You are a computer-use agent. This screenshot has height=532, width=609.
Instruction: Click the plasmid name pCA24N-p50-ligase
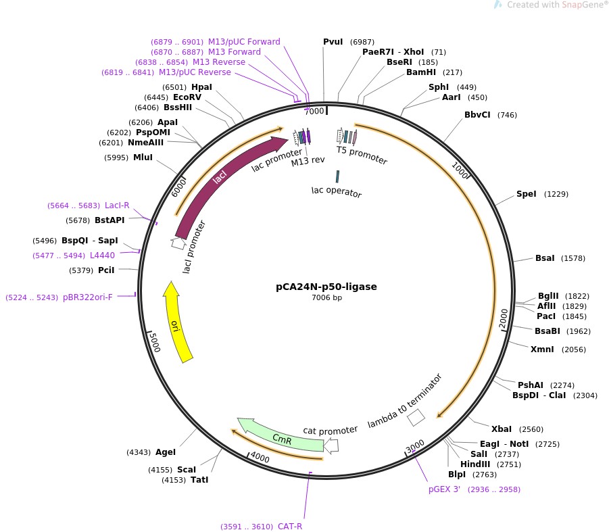pos(326,287)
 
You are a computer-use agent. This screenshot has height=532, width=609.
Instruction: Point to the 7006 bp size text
pos(326,297)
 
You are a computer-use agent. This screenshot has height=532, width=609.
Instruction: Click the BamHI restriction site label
pos(421,72)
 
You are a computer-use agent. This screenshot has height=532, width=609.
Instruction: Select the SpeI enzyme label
pos(527,194)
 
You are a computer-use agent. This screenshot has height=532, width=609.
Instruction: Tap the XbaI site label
pos(502,429)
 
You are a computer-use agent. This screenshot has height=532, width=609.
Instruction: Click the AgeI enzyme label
pos(166,452)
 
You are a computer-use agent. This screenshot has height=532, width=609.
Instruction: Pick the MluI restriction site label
pos(143,158)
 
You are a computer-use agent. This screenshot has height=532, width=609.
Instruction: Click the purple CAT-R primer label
pos(290,527)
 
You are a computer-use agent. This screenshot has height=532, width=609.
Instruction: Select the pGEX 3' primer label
pos(444,489)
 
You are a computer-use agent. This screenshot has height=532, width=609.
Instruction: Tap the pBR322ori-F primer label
pos(88,297)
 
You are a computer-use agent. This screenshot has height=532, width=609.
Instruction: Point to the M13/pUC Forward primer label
pos(244,41)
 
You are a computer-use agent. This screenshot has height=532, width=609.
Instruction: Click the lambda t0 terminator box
pos(416,418)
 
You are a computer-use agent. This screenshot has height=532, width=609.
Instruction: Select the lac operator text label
pos(337,191)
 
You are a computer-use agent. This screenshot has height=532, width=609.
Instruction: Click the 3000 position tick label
pos(415,446)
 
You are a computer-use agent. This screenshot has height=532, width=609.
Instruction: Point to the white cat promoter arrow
pos(331,445)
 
